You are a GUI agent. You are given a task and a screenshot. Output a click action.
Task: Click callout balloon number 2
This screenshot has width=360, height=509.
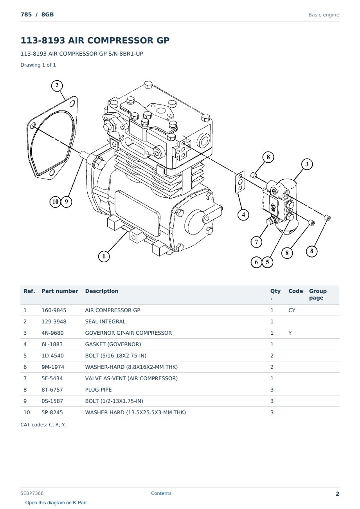point(57,86)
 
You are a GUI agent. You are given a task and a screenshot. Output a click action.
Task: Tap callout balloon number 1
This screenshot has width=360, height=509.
point(104,256)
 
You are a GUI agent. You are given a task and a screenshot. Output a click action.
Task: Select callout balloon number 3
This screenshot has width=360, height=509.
point(307,164)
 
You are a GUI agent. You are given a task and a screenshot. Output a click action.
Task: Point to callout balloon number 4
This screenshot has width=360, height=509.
point(243,215)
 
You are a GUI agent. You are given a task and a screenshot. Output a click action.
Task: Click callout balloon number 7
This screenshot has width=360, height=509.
point(256,242)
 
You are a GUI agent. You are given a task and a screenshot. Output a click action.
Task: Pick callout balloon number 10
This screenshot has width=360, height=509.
point(55,202)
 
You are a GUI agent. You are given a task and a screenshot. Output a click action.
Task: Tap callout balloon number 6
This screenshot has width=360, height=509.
point(256,262)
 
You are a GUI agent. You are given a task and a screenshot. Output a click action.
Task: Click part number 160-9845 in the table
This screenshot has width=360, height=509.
point(54,310)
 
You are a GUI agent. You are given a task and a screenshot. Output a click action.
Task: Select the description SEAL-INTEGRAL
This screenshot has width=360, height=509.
point(105,321)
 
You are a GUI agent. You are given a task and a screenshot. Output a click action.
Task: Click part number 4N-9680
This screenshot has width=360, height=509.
point(52,333)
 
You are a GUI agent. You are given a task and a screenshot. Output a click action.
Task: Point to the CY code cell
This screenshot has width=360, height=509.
point(292,310)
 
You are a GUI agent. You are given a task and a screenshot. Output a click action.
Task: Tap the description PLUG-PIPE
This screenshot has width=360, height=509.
point(98,390)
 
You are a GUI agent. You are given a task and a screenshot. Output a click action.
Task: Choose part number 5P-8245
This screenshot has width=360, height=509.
point(52,412)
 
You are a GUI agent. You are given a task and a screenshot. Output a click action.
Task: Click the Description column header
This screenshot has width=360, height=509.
point(101,291)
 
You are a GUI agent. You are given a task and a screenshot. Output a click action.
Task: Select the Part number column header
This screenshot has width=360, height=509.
point(59,291)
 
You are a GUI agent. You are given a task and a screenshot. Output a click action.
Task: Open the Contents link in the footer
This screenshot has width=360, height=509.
point(161,493)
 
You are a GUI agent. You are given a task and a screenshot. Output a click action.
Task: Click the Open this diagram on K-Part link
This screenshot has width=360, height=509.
point(56,503)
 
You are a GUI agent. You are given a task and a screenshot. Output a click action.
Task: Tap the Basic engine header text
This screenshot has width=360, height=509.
point(324,15)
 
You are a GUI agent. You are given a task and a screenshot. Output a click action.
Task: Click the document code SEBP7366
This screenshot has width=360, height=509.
point(32,493)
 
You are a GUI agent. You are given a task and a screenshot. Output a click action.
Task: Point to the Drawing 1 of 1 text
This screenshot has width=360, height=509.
point(38,65)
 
